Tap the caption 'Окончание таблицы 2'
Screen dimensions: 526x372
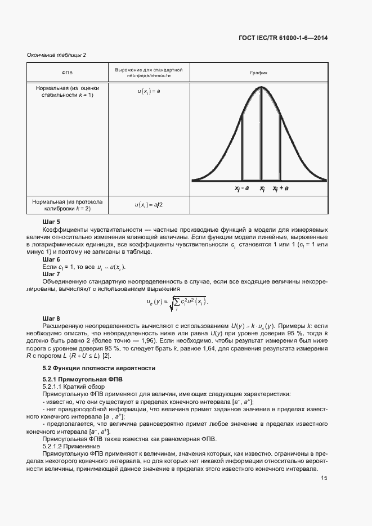(56, 55)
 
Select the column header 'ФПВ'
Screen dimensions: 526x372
(67, 73)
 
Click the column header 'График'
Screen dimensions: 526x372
(258, 73)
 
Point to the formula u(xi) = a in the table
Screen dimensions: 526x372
(149, 91)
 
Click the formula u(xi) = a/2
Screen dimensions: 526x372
(149, 205)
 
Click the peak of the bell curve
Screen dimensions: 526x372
(261, 87)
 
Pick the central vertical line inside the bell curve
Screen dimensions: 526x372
(261, 135)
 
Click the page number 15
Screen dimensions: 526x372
(324, 478)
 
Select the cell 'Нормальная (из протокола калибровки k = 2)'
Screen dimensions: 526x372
(67, 205)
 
